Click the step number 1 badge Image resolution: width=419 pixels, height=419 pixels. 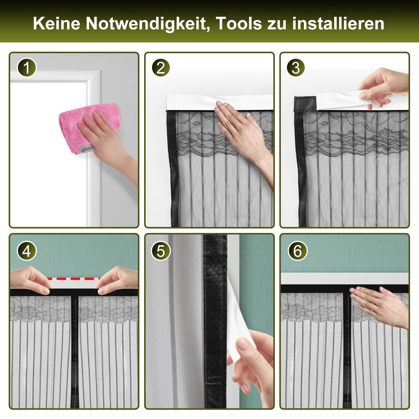click(27, 68)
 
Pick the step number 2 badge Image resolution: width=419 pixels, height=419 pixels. click(161, 68)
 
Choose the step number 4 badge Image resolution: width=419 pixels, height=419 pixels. click(27, 251)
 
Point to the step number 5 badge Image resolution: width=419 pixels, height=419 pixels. click(161, 251)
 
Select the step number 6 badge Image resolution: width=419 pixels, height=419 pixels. click(297, 251)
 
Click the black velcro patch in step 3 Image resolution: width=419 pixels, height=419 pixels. click(305, 104)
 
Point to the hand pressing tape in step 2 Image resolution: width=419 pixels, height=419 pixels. click(243, 140)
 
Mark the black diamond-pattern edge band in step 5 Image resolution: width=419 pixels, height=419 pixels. click(215, 321)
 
